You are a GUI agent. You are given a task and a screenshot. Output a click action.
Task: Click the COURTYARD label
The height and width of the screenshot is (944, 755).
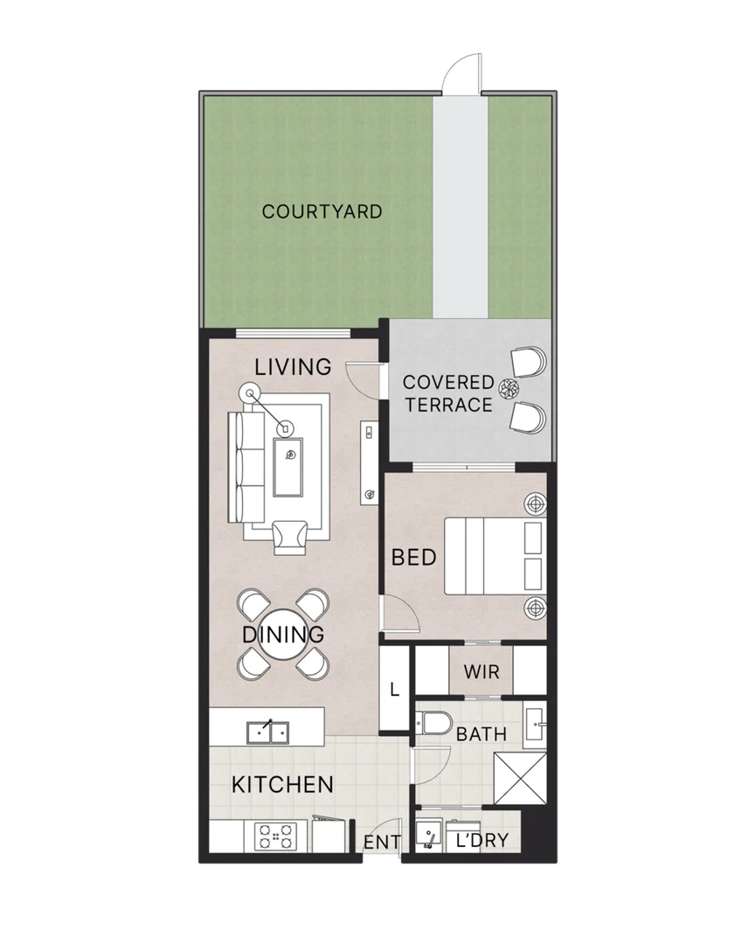pyautogui.click(x=322, y=212)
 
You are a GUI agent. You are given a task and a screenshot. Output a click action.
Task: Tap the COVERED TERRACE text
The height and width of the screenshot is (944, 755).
pyautogui.click(x=447, y=394)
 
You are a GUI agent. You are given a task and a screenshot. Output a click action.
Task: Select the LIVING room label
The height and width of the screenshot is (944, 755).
pyautogui.click(x=293, y=366)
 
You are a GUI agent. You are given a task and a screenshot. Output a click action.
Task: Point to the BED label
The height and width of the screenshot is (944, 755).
pyautogui.click(x=413, y=557)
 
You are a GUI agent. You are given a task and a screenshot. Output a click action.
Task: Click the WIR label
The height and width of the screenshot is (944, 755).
pyautogui.click(x=481, y=673)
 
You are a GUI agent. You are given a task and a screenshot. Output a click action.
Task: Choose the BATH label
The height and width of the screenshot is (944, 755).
pyautogui.click(x=481, y=734)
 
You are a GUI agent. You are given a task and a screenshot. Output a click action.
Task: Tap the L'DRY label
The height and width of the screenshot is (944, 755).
pyautogui.click(x=481, y=842)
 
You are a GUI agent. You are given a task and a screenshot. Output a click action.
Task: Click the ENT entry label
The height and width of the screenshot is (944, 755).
pyautogui.click(x=382, y=843)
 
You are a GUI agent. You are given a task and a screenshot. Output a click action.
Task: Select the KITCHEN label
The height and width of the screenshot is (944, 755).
pyautogui.click(x=282, y=784)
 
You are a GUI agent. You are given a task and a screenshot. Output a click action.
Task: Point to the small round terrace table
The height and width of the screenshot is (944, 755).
pyautogui.click(x=509, y=387)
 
